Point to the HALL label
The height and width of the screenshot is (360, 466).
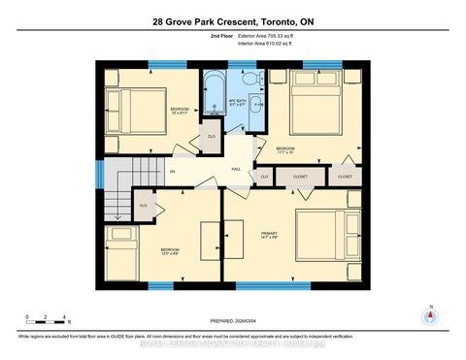pos(236,169)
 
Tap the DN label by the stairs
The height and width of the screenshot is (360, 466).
pos(172,172)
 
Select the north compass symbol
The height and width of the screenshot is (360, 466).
pos(428,313)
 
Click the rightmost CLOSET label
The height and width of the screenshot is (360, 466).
pos(345,177)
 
